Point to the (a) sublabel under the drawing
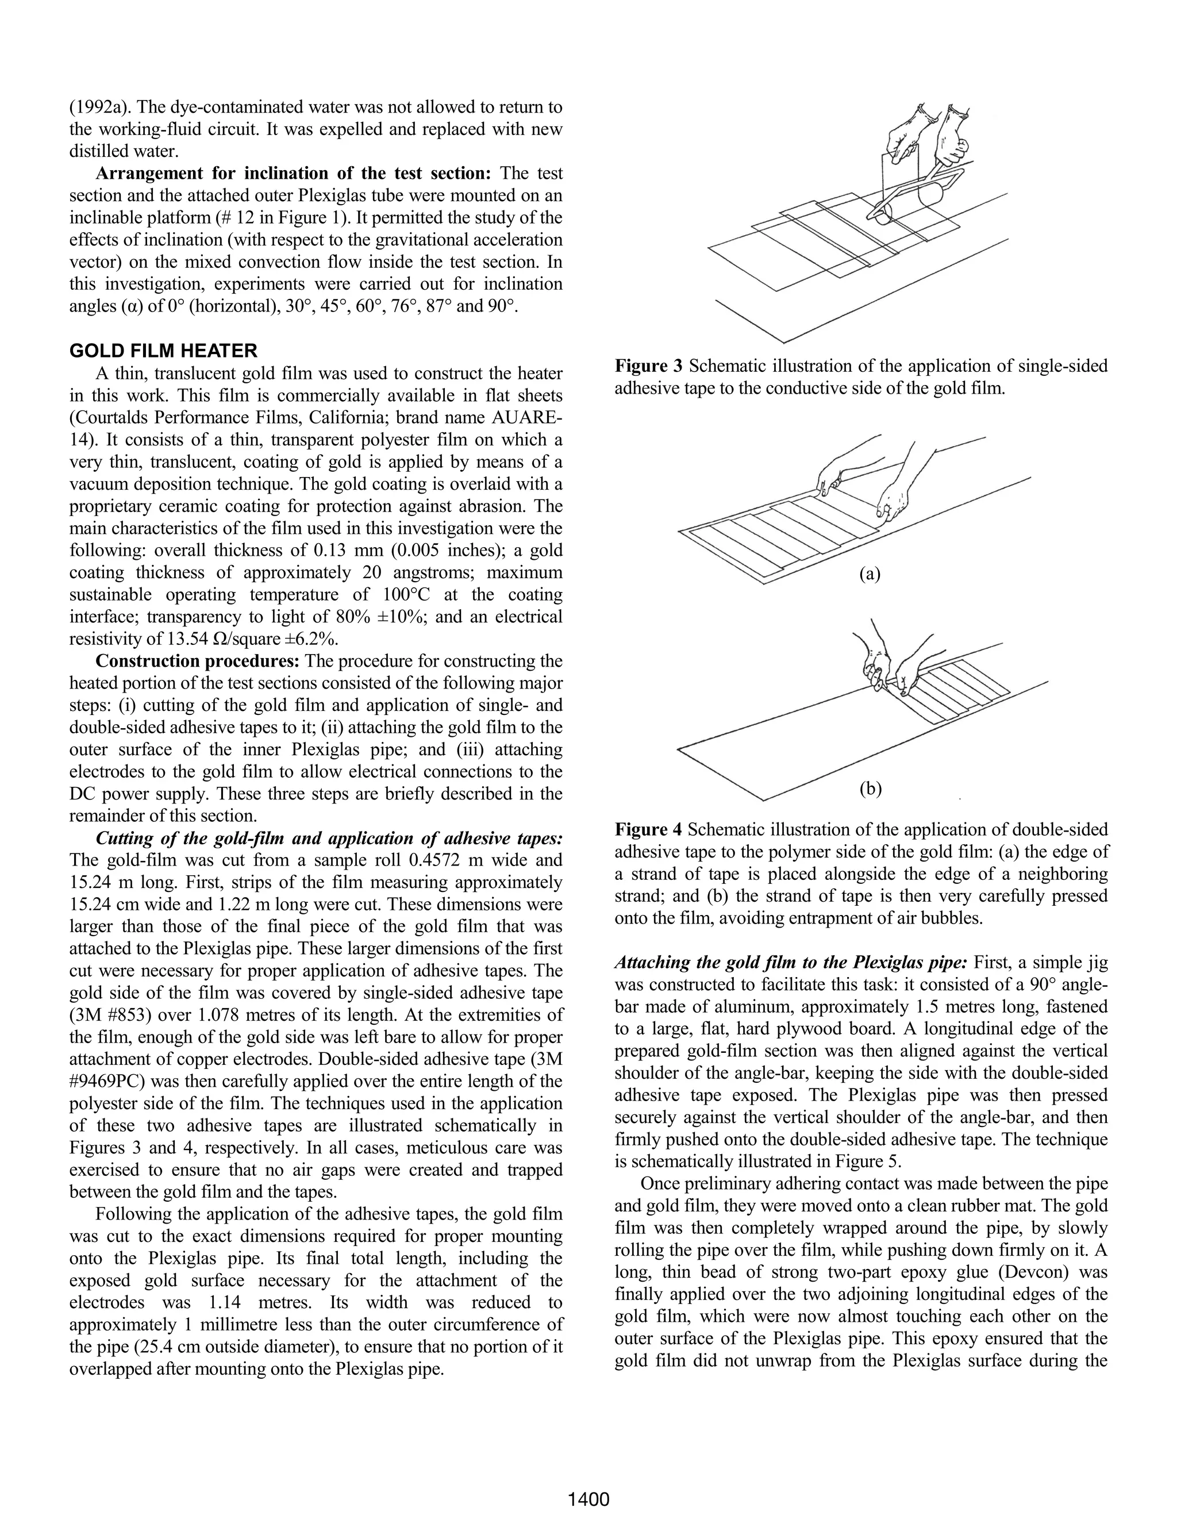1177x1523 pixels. [870, 574]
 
